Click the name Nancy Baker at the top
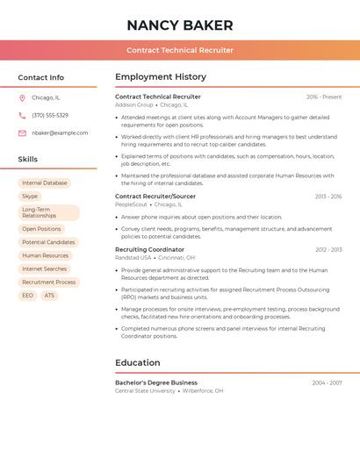(x=180, y=25)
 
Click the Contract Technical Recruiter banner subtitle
(x=180, y=50)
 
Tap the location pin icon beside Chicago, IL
(x=22, y=98)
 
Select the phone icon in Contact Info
(x=22, y=115)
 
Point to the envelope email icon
(x=22, y=132)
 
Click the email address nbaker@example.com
(x=60, y=132)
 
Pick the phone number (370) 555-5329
(x=50, y=115)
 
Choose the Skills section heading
(x=28, y=159)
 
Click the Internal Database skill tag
(x=45, y=183)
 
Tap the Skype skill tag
(x=30, y=197)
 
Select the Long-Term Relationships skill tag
(x=48, y=212)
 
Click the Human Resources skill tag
(x=45, y=255)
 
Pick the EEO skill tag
(x=27, y=296)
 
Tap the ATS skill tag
(x=49, y=296)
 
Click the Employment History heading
(x=161, y=77)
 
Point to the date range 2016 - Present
(x=324, y=97)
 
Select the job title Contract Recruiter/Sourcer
(x=155, y=197)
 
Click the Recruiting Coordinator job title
(x=150, y=249)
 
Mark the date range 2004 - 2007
(x=327, y=383)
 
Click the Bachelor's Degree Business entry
(x=156, y=383)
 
